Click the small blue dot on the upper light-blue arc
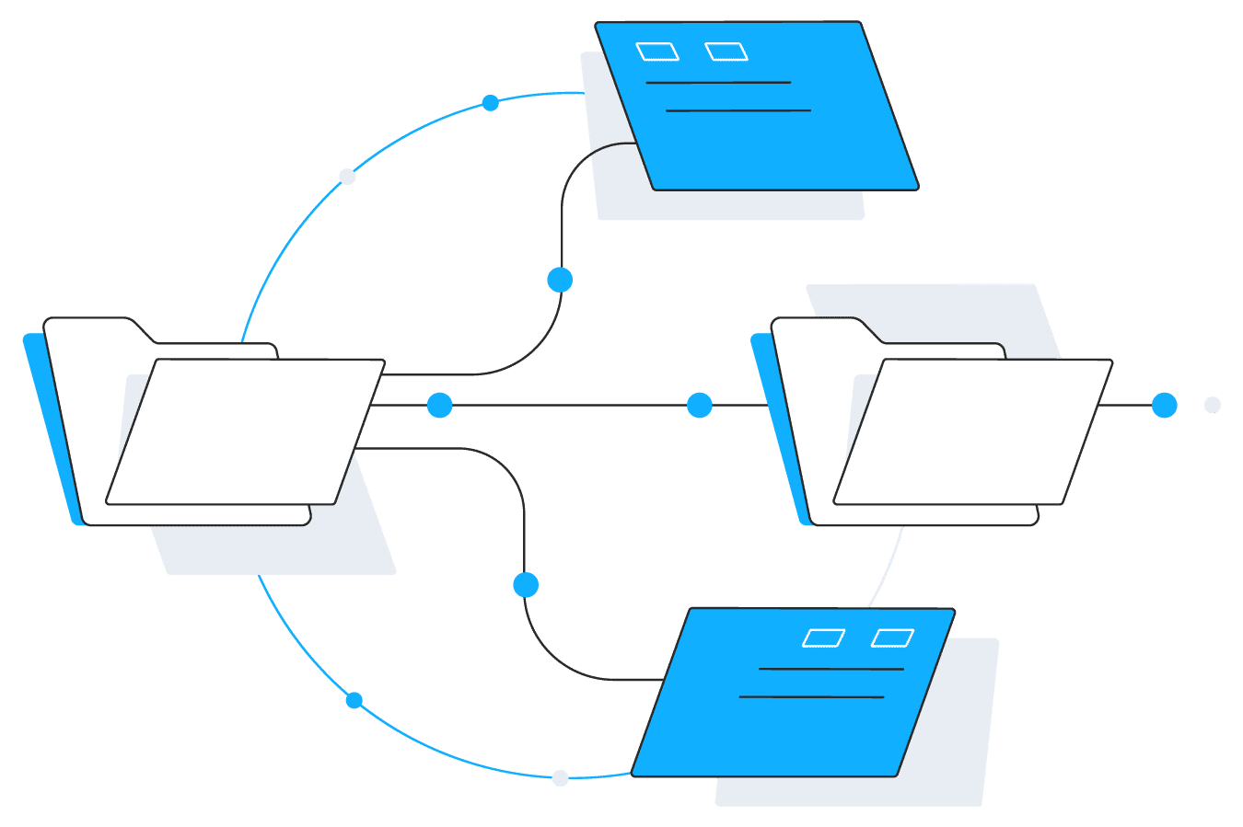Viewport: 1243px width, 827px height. pyautogui.click(x=491, y=103)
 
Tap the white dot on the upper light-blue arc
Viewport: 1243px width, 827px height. pyautogui.click(x=347, y=177)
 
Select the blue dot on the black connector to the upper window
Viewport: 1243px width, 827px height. pyautogui.click(x=560, y=280)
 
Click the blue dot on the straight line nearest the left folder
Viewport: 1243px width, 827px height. pyautogui.click(x=440, y=405)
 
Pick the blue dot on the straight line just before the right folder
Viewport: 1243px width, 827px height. pyautogui.click(x=700, y=405)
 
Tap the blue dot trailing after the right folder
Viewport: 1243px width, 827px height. pyautogui.click(x=1165, y=405)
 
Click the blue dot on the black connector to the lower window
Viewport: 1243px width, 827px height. pyautogui.click(x=526, y=585)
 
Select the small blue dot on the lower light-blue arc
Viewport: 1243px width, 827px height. pyautogui.click(x=354, y=701)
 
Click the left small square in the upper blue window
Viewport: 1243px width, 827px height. pyautogui.click(x=657, y=52)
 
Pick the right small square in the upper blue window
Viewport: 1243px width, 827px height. pyautogui.click(x=726, y=52)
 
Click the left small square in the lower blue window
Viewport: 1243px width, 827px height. pyautogui.click(x=824, y=638)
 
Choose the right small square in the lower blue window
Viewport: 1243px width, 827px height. pyautogui.click(x=893, y=638)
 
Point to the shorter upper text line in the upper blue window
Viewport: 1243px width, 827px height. pyautogui.click(x=718, y=83)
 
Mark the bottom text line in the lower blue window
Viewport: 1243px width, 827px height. pyautogui.click(x=811, y=697)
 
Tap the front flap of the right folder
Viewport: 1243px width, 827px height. pyautogui.click(x=972, y=431)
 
